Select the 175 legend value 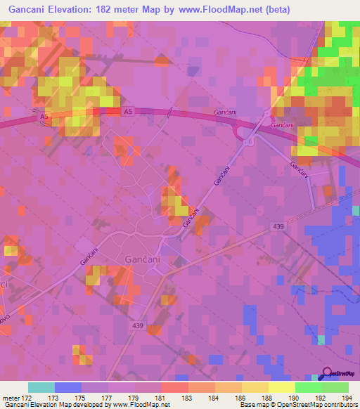pyautogui.click(x=82, y=398)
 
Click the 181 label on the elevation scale pyautogui.click(x=161, y=398)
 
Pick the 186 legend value pyautogui.click(x=240, y=398)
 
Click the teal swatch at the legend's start pyautogui.click(x=41, y=387)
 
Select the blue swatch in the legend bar pyautogui.click(x=68, y=387)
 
